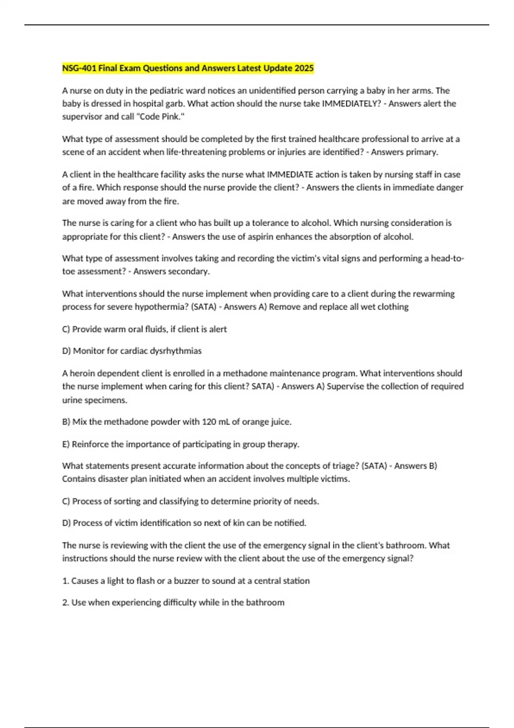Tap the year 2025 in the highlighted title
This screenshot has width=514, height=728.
(x=304, y=68)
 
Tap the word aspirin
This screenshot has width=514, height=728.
(x=260, y=237)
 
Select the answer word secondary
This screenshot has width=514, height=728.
(x=192, y=272)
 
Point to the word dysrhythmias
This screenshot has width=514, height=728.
(x=177, y=351)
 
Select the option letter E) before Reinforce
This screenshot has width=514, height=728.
(x=66, y=444)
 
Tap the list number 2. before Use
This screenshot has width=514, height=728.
(x=66, y=603)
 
